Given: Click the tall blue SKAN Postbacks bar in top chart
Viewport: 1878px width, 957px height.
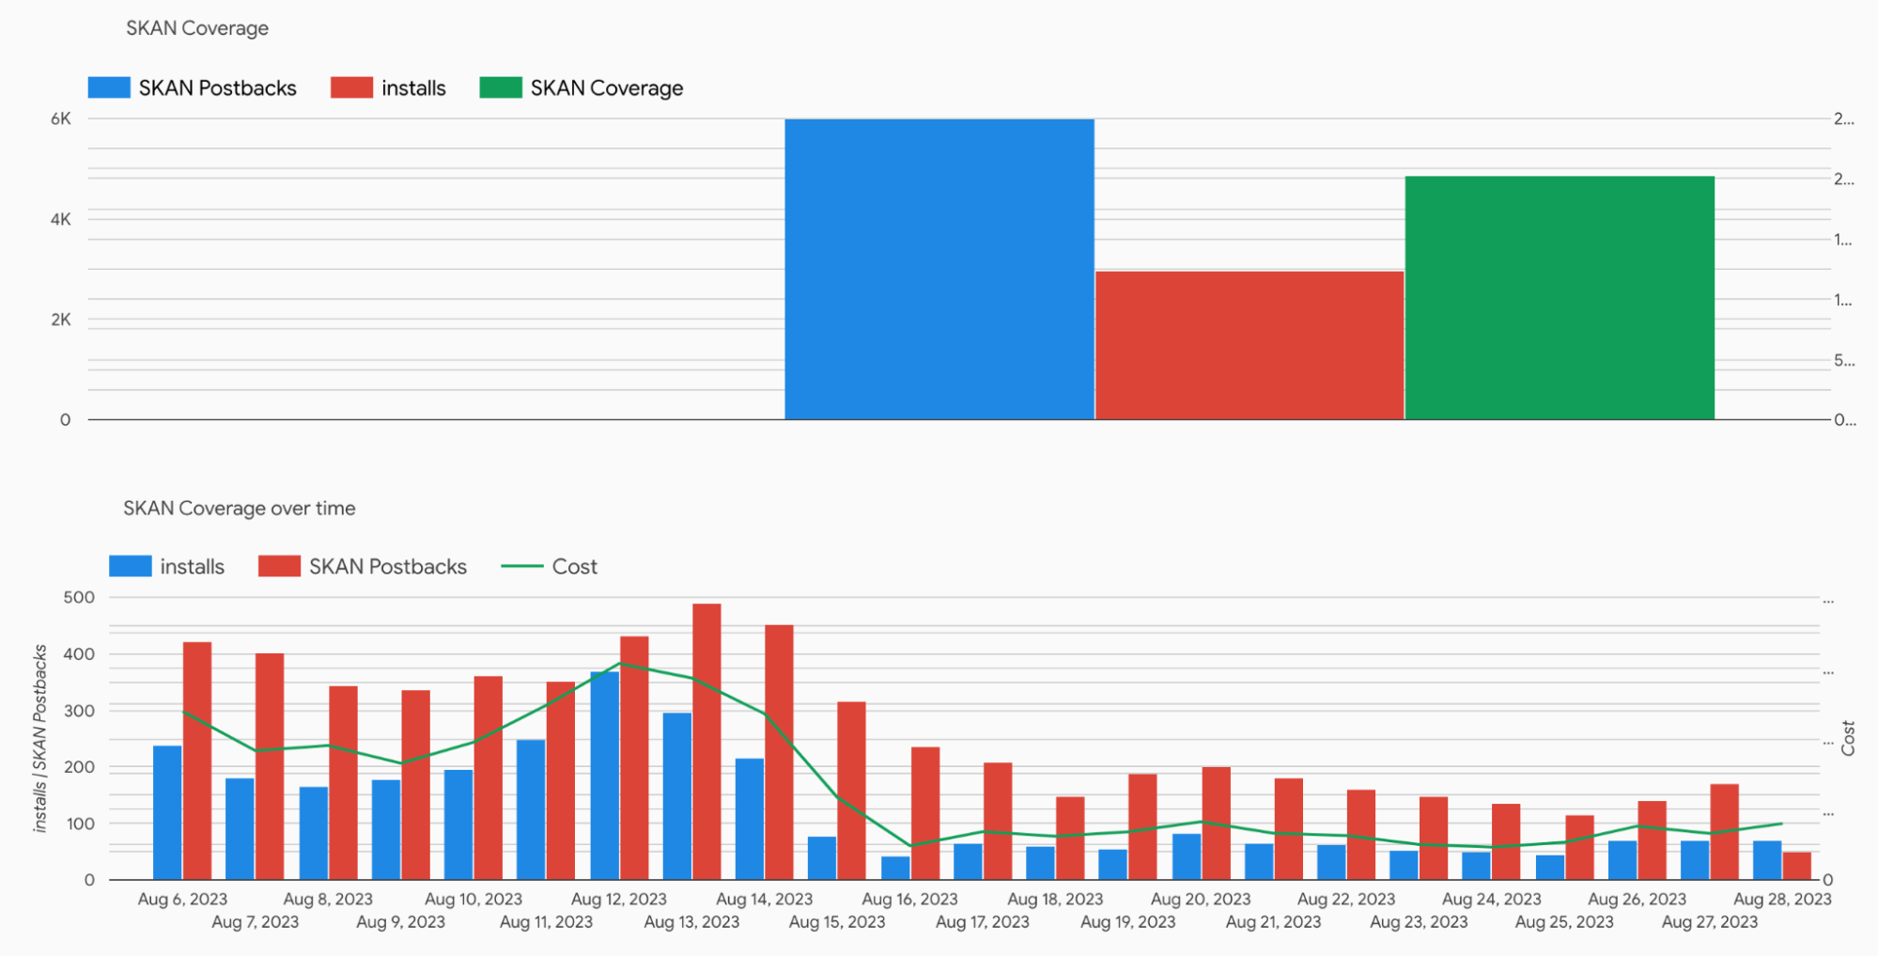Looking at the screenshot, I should tap(939, 269).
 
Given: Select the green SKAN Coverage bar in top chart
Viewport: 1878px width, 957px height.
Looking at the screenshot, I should tap(1560, 297).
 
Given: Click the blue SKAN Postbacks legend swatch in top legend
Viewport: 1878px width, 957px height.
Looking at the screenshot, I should tap(109, 87).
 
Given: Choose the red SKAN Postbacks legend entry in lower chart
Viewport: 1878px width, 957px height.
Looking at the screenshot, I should tap(363, 567).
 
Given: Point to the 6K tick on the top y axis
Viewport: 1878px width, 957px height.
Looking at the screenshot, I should tap(61, 118).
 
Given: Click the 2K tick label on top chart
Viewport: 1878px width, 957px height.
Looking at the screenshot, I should tap(61, 320).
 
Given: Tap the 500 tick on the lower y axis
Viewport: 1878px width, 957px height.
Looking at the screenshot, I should tap(79, 597).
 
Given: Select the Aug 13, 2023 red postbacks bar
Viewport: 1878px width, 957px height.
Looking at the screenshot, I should tap(706, 742).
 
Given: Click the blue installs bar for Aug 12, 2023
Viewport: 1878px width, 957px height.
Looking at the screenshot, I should tap(604, 776).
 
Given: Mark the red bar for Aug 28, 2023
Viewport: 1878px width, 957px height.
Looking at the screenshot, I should tap(1796, 866).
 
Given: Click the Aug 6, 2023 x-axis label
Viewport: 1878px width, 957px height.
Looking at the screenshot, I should tap(182, 899).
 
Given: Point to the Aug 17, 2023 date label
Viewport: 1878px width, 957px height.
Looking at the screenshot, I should tap(982, 921).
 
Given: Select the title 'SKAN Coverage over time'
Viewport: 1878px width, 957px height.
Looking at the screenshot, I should tap(240, 509).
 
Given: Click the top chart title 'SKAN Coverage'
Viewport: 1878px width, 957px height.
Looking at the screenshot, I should tap(197, 28).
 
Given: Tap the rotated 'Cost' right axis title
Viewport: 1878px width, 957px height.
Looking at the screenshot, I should tap(1848, 738).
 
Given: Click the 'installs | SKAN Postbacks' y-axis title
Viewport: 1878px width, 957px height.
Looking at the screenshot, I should tap(39, 738).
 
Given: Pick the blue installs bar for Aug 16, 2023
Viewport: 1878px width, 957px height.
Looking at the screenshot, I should tap(895, 868).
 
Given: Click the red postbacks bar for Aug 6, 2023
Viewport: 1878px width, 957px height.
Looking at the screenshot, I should tap(197, 761).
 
